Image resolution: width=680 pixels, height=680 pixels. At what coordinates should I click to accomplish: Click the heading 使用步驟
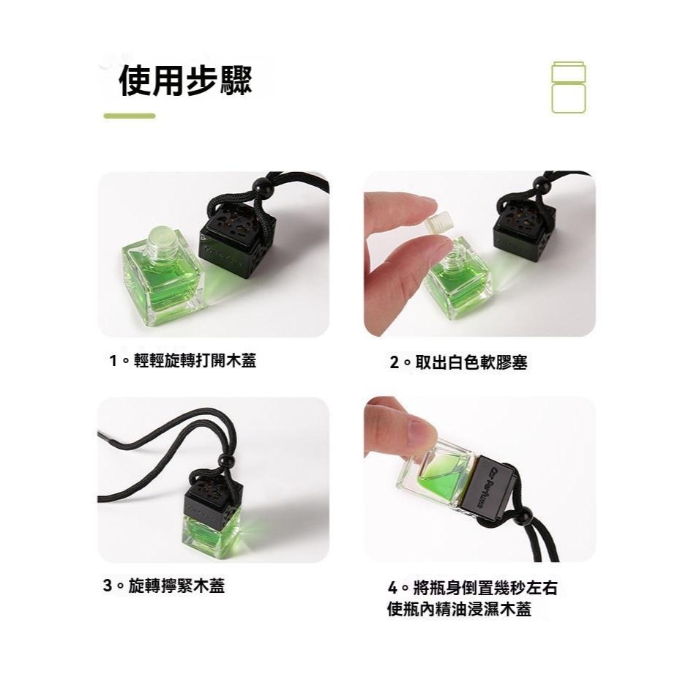point(185,81)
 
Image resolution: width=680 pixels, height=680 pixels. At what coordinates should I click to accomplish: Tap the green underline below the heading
point(130,116)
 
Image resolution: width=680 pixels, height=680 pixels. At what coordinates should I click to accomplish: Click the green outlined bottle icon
point(569,88)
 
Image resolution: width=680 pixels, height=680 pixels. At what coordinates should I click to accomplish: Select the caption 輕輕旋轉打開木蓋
point(195,360)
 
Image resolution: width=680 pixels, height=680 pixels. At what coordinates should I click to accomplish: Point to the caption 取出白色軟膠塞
point(471,362)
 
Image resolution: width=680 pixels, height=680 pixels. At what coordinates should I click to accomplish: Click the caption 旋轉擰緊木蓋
point(176,586)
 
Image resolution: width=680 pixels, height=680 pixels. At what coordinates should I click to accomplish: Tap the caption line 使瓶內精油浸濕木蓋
point(459,609)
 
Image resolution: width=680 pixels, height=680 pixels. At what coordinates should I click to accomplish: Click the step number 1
point(113,361)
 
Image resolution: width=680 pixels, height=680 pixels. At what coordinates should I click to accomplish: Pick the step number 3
point(108,586)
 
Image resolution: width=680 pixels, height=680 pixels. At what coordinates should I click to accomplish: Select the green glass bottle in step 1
point(162,277)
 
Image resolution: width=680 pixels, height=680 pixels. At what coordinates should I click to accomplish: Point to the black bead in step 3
point(226,460)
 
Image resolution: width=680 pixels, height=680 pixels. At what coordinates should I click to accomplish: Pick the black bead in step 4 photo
point(524,518)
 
